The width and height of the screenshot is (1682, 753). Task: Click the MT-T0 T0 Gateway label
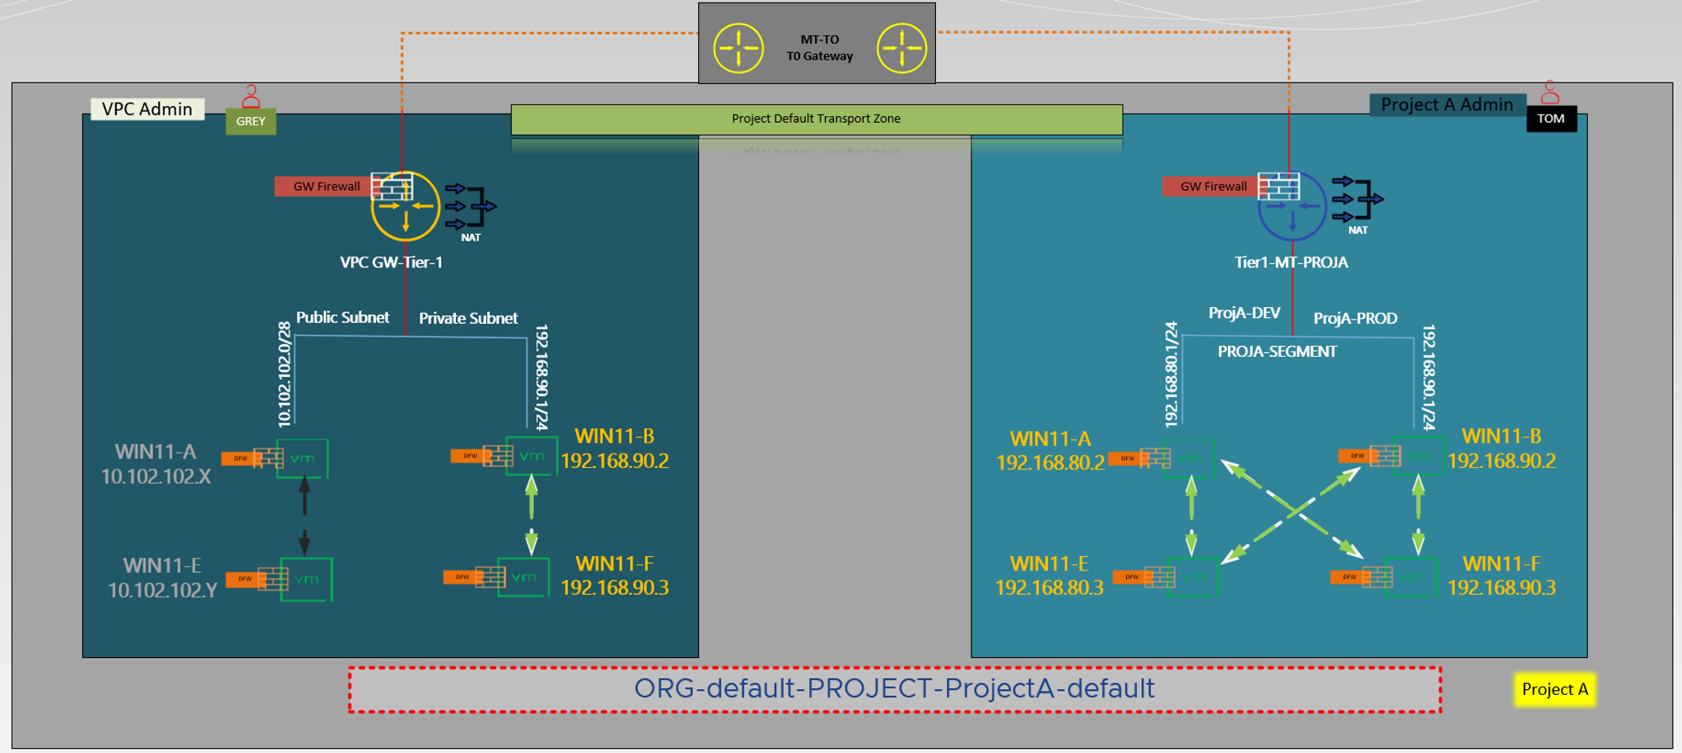click(x=819, y=48)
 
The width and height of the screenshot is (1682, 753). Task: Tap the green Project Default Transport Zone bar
click(x=816, y=119)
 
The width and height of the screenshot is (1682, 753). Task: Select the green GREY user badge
click(x=251, y=121)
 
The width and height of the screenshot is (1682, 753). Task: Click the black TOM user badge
click(x=1551, y=119)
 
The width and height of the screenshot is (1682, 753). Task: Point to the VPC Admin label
click(x=147, y=109)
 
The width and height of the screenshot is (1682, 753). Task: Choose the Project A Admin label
click(x=1447, y=105)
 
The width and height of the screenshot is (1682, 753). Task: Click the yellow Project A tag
click(x=1554, y=689)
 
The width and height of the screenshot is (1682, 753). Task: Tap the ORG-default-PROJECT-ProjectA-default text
click(x=894, y=688)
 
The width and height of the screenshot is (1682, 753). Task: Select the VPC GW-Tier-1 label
click(x=391, y=262)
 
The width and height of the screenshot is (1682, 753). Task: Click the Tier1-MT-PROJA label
click(x=1291, y=262)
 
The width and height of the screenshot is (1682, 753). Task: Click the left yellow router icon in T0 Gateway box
click(x=738, y=48)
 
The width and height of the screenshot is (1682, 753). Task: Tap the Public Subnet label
click(x=342, y=317)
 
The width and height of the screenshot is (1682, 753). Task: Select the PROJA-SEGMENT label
click(x=1277, y=352)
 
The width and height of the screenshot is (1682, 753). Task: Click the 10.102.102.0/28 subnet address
click(x=284, y=374)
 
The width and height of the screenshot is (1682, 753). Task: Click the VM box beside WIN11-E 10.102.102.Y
click(x=306, y=579)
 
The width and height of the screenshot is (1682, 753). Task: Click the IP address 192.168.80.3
click(x=1049, y=587)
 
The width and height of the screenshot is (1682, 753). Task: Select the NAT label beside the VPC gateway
click(x=471, y=238)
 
